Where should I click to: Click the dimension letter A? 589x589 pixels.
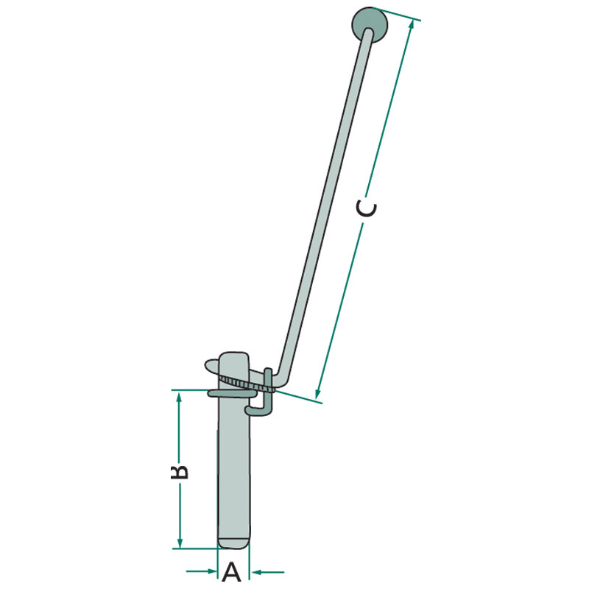(x=232, y=573)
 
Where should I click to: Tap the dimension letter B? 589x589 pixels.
(x=180, y=472)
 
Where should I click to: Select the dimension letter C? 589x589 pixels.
(x=366, y=209)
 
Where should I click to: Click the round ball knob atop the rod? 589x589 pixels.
(x=370, y=24)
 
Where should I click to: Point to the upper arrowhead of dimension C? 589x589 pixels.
(x=412, y=24)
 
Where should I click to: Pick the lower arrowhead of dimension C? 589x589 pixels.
(x=318, y=393)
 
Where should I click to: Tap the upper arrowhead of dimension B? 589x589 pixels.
(x=179, y=397)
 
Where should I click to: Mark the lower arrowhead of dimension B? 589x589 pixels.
(x=180, y=542)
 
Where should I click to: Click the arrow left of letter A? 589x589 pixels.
(x=202, y=571)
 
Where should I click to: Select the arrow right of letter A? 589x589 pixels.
(x=268, y=572)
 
